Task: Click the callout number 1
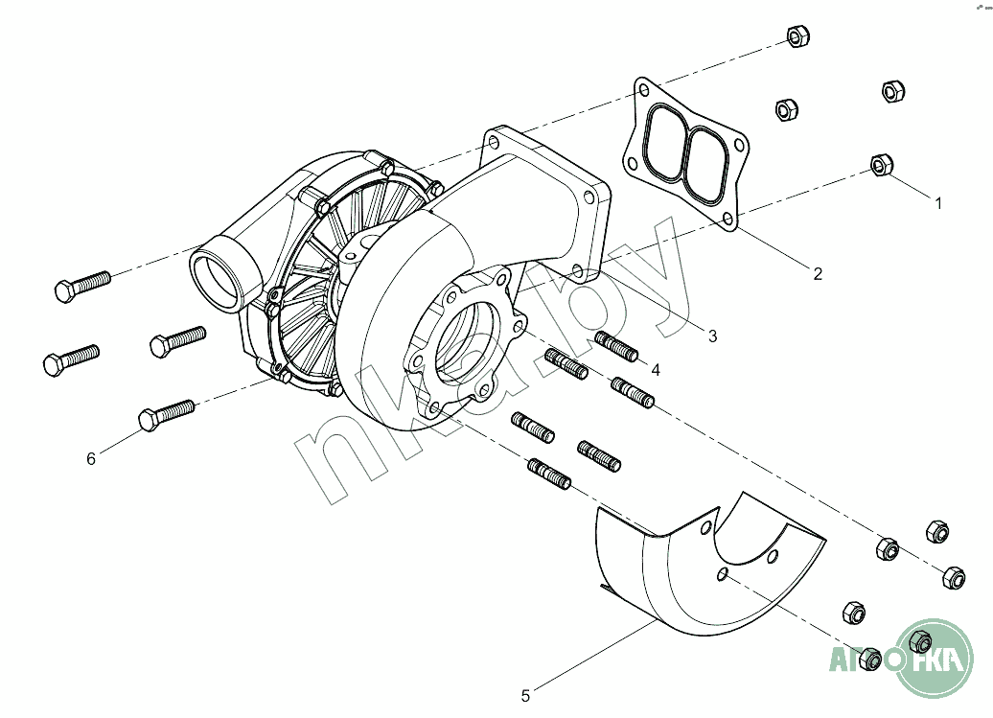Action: pos(938,203)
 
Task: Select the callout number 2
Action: pos(818,273)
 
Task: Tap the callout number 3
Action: pos(712,336)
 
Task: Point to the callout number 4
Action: pos(656,370)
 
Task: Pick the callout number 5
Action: pos(525,696)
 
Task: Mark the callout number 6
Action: pos(90,458)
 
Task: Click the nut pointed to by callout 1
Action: pos(882,165)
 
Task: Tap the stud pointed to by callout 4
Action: pos(616,346)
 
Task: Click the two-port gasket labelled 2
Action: pos(684,152)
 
